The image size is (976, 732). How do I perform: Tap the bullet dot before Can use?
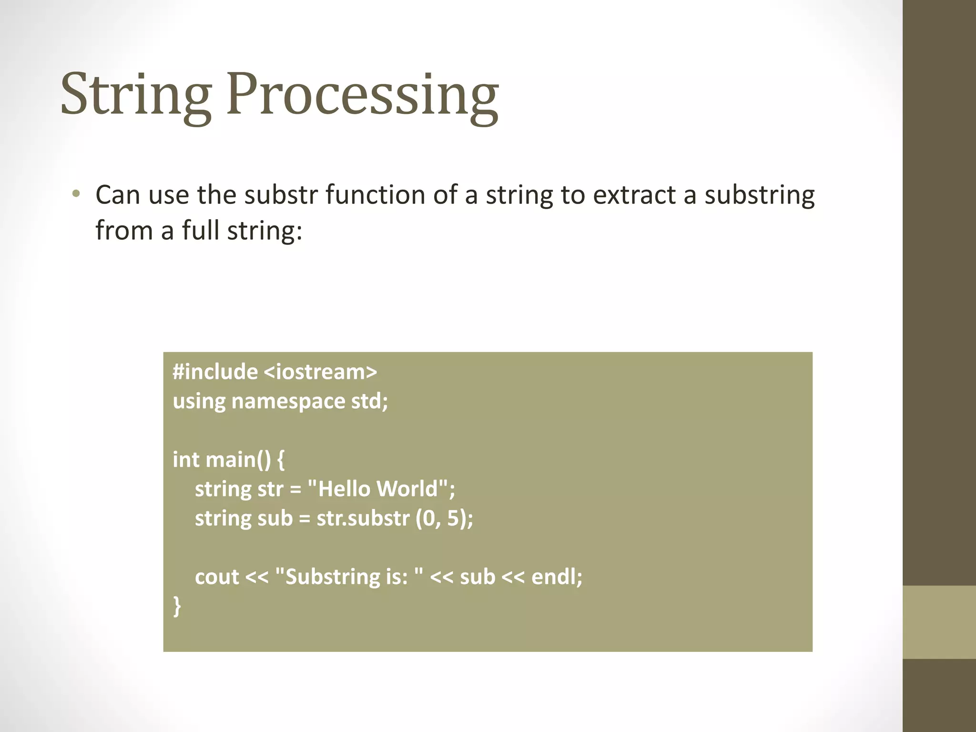[x=76, y=194]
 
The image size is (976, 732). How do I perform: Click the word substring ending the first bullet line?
[x=760, y=196]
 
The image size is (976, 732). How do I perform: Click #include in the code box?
[x=215, y=371]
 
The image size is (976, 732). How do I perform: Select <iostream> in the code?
[x=320, y=371]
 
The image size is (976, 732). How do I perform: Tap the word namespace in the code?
[x=288, y=401]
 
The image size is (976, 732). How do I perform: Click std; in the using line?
[x=370, y=401]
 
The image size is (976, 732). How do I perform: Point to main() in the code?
[x=238, y=459]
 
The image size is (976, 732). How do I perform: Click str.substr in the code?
[x=363, y=518]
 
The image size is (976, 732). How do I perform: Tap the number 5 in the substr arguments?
[x=453, y=518]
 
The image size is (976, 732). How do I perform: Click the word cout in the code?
[x=217, y=577]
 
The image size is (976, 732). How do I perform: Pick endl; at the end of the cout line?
[x=557, y=577]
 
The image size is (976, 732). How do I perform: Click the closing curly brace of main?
[x=177, y=606]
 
